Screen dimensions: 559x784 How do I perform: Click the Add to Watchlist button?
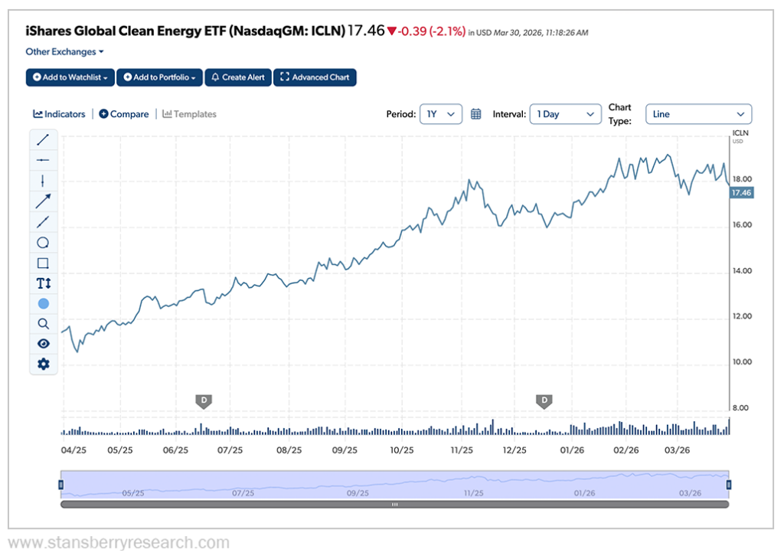pyautogui.click(x=70, y=77)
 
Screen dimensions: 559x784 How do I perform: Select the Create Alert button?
pyautogui.click(x=238, y=77)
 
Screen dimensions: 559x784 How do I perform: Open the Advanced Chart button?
pyautogui.click(x=315, y=77)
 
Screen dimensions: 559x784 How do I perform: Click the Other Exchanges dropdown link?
pyautogui.click(x=64, y=52)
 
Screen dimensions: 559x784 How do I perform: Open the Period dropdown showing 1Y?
pyautogui.click(x=441, y=114)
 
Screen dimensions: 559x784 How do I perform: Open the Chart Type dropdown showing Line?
pyautogui.click(x=698, y=114)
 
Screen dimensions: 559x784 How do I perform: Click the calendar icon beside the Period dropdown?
pyautogui.click(x=475, y=114)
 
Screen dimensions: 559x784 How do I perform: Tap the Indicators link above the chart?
pyautogui.click(x=59, y=114)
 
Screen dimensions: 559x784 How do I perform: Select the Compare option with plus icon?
pyautogui.click(x=124, y=114)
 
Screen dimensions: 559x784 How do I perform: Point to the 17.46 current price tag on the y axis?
pyautogui.click(x=741, y=193)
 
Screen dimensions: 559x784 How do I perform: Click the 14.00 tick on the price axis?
pyautogui.click(x=741, y=271)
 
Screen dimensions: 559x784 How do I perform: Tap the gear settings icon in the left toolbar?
pyautogui.click(x=44, y=364)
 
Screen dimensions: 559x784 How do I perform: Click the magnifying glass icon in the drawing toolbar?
pyautogui.click(x=44, y=324)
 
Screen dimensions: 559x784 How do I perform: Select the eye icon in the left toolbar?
pyautogui.click(x=44, y=344)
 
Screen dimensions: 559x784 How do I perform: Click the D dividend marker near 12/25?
pyautogui.click(x=544, y=400)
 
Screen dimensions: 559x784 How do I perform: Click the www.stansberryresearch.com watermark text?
pyautogui.click(x=119, y=544)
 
